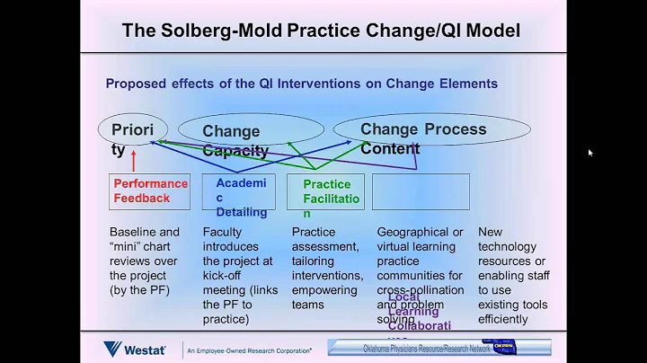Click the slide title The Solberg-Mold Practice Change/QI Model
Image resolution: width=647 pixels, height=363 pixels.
click(x=322, y=31)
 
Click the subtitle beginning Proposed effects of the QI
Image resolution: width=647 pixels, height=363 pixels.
click(x=301, y=84)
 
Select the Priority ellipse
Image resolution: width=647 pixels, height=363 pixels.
click(x=132, y=129)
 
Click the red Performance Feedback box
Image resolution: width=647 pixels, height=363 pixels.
click(x=149, y=191)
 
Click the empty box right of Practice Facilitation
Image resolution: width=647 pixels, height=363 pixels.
click(x=421, y=191)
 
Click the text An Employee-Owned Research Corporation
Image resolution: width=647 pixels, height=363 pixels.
click(x=248, y=350)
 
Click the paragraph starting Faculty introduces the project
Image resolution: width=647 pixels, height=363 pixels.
click(x=238, y=275)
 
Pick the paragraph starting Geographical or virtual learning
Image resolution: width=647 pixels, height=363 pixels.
click(x=420, y=268)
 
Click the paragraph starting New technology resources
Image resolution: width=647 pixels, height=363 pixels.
click(x=514, y=275)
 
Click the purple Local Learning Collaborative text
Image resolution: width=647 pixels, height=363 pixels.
click(x=420, y=311)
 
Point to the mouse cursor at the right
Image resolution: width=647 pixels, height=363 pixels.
click(x=589, y=152)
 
